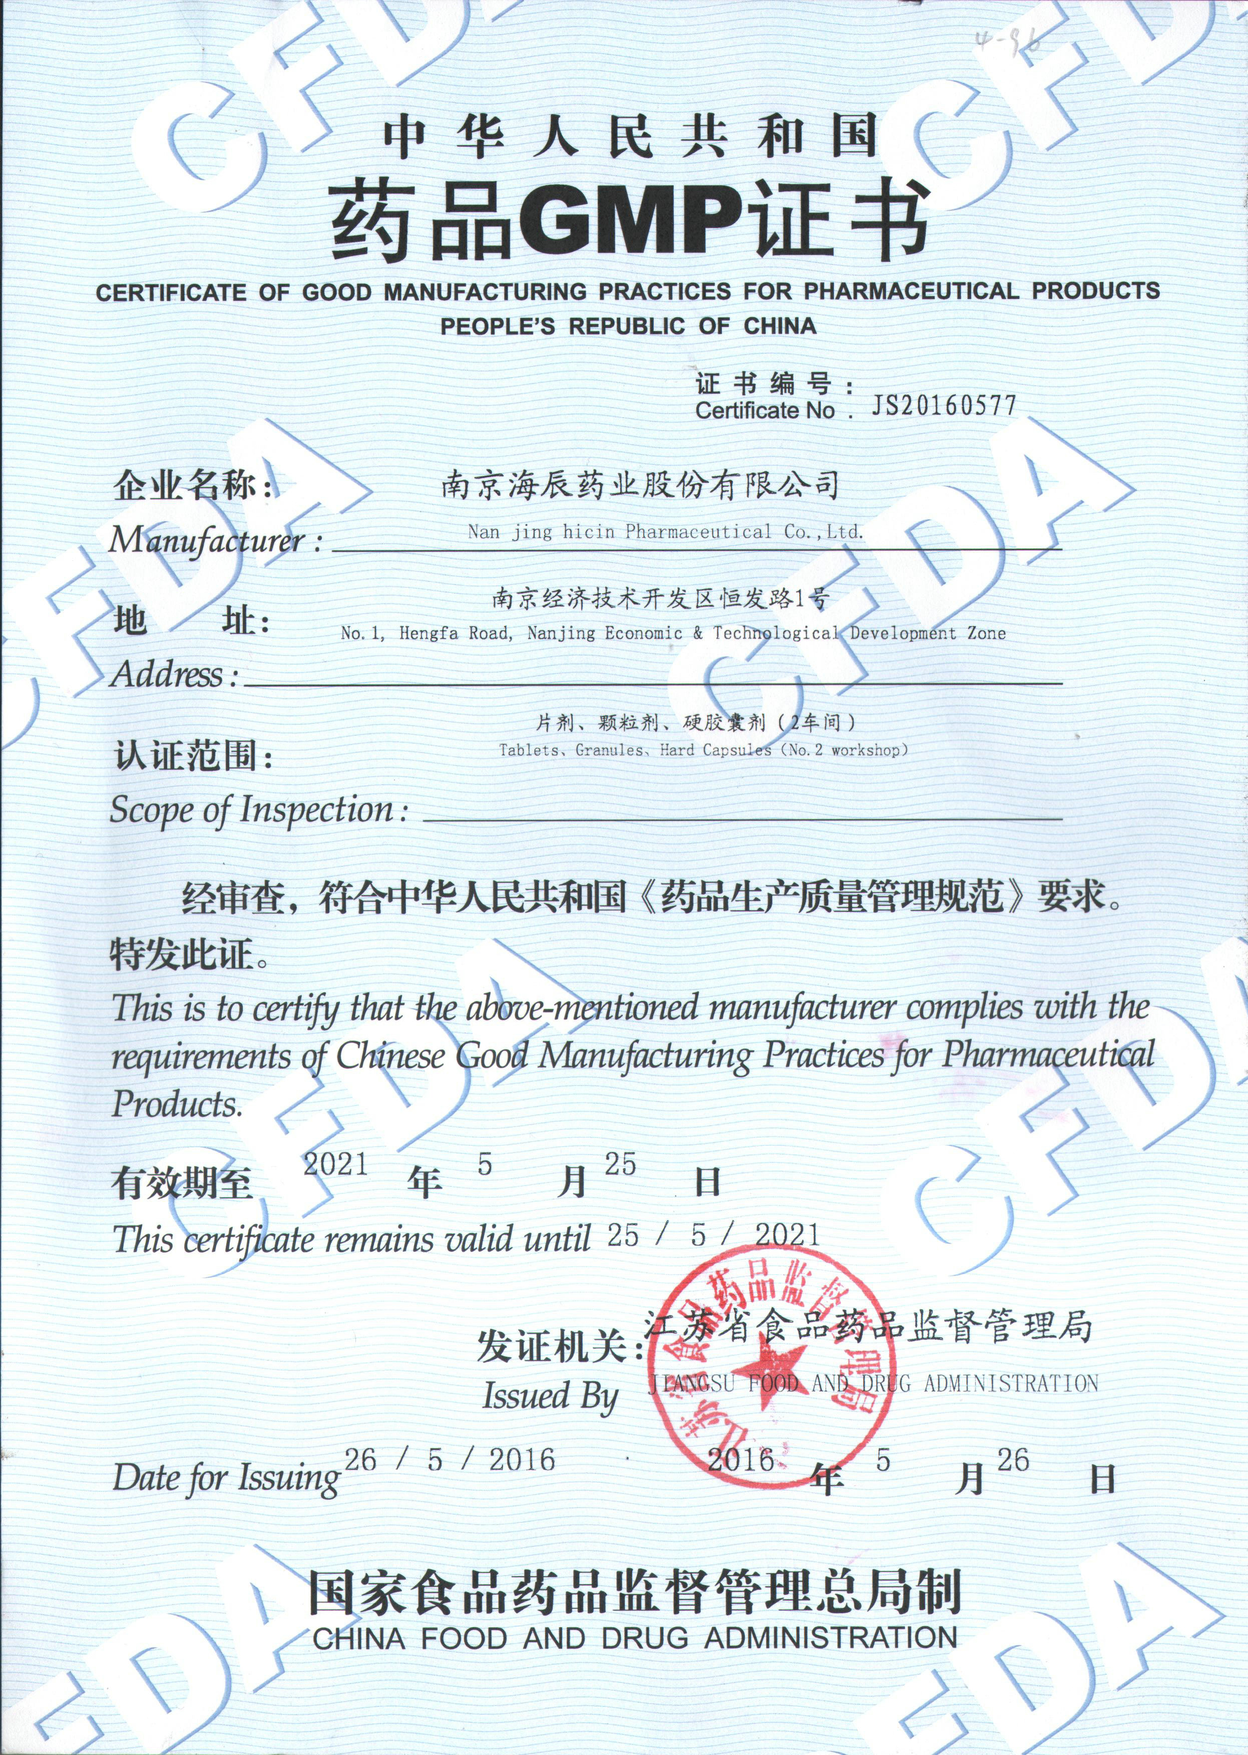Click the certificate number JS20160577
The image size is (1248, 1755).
tap(943, 406)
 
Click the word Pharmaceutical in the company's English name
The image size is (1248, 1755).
tap(697, 531)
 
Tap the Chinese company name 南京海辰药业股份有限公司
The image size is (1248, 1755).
tap(639, 486)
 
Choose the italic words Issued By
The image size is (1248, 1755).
tap(550, 1395)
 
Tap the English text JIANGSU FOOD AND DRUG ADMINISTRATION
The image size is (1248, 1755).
tap(872, 1384)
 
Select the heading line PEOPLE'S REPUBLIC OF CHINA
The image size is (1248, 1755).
tap(627, 326)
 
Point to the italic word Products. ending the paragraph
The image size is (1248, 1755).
tap(177, 1105)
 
